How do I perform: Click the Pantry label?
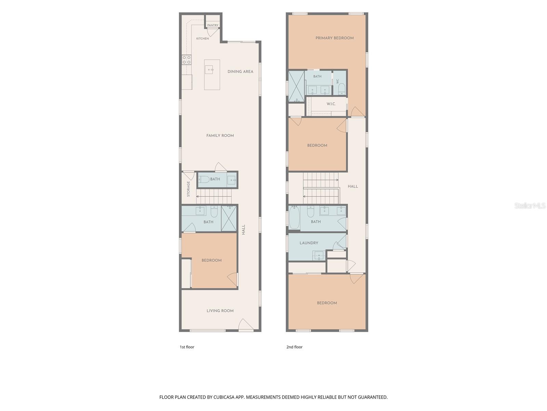click(x=213, y=25)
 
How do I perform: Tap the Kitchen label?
click(x=202, y=38)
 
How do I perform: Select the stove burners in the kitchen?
click(x=186, y=60)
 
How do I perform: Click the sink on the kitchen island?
click(x=209, y=70)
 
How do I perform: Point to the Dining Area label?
click(x=240, y=72)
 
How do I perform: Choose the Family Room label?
click(x=220, y=136)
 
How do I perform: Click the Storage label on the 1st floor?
click(x=188, y=189)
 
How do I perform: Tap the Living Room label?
click(x=220, y=311)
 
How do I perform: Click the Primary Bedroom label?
click(x=334, y=38)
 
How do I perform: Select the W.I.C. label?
click(x=331, y=104)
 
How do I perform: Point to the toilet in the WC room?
click(x=342, y=89)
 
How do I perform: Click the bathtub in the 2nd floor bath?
click(x=294, y=217)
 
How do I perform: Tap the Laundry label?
click(x=309, y=243)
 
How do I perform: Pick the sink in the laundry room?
click(x=319, y=256)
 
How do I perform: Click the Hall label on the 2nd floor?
click(x=352, y=186)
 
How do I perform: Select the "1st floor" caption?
click(x=187, y=347)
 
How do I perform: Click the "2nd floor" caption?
click(x=294, y=347)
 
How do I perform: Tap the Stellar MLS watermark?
click(x=530, y=206)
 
